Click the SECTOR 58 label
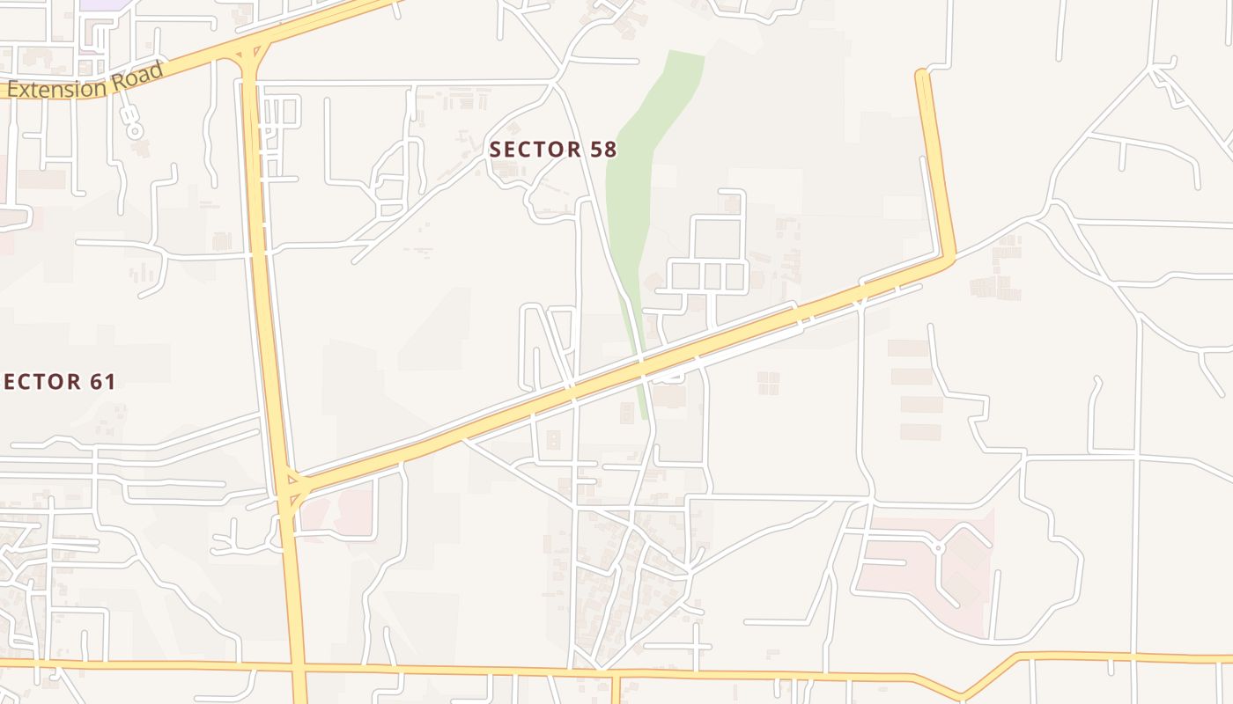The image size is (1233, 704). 553,150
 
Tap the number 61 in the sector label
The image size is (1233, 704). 102,382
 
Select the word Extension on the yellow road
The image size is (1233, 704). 60,88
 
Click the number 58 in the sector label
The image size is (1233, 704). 603,150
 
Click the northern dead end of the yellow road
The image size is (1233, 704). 922,74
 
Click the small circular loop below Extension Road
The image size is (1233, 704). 134,131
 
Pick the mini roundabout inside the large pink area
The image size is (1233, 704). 938,548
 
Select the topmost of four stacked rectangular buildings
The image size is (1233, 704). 908,348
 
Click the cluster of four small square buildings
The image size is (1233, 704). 768,383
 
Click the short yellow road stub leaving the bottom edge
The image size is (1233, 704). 616,690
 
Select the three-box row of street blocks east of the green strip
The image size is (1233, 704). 709,275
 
